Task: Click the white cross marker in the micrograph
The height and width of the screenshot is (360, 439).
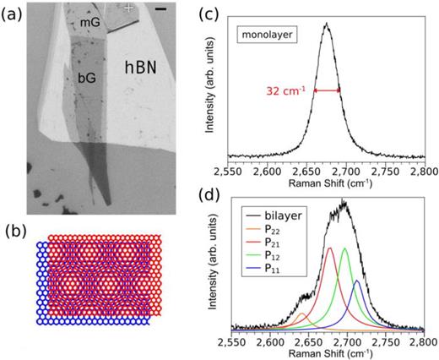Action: tap(128, 8)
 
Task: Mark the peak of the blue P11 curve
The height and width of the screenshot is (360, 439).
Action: tap(356, 281)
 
